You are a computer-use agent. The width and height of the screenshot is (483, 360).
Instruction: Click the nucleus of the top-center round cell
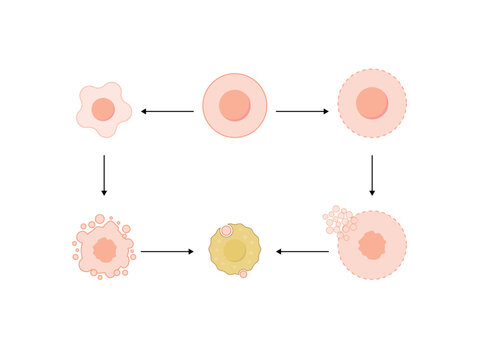(235, 105)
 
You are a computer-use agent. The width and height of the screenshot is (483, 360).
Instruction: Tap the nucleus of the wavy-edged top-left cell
(103, 109)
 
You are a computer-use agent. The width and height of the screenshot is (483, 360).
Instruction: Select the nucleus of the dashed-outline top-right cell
(372, 102)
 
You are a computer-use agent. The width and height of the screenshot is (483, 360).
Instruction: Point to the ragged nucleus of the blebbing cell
(105, 249)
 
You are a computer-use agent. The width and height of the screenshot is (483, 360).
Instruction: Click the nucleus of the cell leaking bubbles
(372, 245)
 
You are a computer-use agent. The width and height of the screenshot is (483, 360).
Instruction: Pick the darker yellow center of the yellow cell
(235, 251)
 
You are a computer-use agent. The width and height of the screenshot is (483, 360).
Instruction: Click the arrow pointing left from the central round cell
(167, 111)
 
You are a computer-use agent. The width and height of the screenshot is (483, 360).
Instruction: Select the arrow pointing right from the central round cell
(302, 111)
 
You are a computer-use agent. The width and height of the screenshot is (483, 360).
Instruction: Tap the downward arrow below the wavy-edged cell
(104, 175)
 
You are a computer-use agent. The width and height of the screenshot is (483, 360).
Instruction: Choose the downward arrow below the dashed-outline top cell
(372, 175)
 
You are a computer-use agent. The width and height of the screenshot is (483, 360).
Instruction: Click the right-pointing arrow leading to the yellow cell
(167, 251)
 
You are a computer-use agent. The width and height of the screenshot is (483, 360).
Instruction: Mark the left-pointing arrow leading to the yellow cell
(302, 251)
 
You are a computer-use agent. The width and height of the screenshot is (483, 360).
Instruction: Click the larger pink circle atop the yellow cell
(226, 230)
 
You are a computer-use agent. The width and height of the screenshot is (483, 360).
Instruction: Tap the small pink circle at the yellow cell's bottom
(243, 273)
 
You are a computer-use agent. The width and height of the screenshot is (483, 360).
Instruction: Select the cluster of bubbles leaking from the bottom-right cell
(338, 220)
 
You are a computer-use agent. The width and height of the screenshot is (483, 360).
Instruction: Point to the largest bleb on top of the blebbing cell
(100, 219)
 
